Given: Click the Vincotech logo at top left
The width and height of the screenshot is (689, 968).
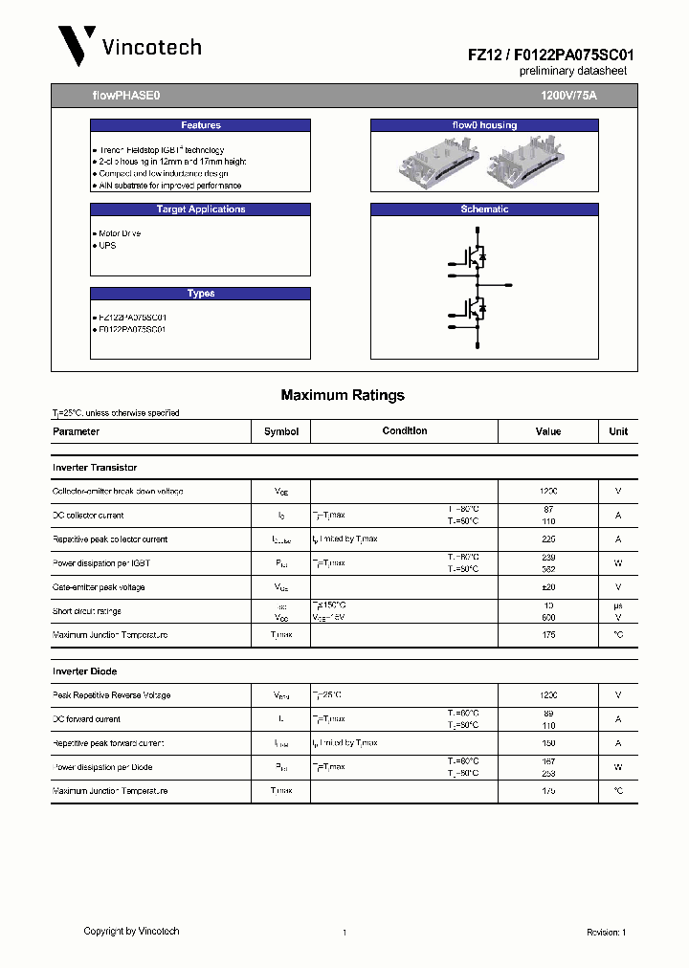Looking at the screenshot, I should (x=129, y=46).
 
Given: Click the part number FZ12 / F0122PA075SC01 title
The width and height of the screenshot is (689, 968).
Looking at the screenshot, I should (x=550, y=55).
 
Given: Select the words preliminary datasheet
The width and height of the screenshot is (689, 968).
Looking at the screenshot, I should (x=572, y=72).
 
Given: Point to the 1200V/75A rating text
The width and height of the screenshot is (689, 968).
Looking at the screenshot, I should (x=568, y=97).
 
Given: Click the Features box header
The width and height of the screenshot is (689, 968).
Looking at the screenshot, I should (x=201, y=125).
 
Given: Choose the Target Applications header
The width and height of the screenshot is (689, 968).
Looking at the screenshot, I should (x=201, y=209).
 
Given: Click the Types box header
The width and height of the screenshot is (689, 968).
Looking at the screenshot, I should (x=201, y=294).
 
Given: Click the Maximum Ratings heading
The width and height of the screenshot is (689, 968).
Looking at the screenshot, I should (x=343, y=395).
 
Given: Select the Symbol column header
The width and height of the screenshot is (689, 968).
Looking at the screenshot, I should (x=281, y=431).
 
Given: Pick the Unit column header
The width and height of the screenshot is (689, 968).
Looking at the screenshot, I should (x=618, y=431).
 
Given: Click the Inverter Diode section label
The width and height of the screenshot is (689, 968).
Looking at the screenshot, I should (x=85, y=671).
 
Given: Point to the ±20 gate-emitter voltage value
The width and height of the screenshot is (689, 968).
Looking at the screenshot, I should (x=548, y=587).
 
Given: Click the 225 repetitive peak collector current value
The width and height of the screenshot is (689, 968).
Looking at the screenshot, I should (x=548, y=539).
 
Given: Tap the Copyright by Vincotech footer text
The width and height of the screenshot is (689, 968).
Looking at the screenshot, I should (x=131, y=931).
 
